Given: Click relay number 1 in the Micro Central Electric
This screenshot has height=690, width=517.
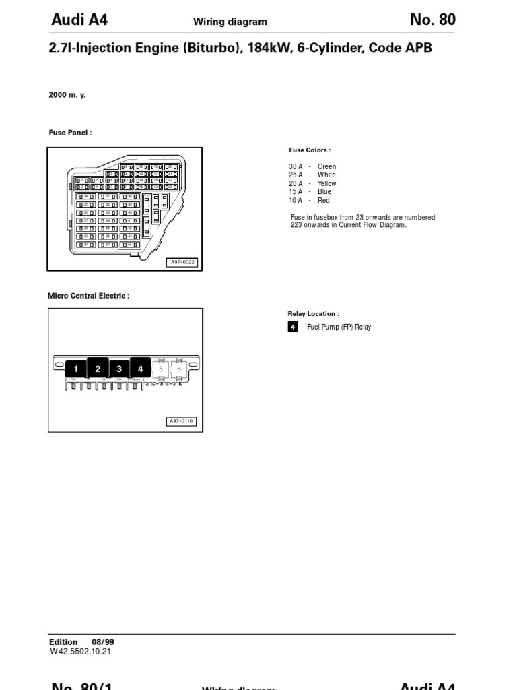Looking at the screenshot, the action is [x=76, y=368].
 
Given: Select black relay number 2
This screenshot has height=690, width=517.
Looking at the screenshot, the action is [x=98, y=368].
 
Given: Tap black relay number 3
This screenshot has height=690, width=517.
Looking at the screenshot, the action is [x=119, y=369].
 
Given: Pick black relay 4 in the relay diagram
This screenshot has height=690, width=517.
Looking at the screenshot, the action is [x=141, y=368].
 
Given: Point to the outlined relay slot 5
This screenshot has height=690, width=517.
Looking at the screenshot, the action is [x=161, y=369].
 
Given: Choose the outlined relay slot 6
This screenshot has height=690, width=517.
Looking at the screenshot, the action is [x=179, y=369].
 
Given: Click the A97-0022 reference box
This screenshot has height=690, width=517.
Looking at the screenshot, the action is [x=182, y=262].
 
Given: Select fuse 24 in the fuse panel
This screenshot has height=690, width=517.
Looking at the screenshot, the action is [x=85, y=196].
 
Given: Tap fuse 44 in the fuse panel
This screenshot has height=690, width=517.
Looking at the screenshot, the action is [x=130, y=245].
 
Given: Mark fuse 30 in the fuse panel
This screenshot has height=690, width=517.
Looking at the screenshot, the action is [x=85, y=245].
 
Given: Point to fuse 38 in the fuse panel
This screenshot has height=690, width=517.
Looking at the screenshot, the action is [x=130, y=196].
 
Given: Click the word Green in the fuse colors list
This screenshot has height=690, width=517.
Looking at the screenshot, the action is [x=326, y=166].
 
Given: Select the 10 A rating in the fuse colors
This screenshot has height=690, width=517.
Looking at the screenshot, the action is [x=296, y=200].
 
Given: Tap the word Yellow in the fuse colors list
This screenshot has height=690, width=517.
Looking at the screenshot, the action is [x=326, y=183].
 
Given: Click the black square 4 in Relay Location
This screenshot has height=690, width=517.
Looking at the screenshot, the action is [x=293, y=327].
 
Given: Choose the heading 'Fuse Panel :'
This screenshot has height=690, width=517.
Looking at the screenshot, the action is [x=70, y=133].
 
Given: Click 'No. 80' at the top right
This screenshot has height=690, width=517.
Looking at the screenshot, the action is [x=432, y=20].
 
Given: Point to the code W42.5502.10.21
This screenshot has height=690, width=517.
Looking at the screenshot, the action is [x=80, y=651].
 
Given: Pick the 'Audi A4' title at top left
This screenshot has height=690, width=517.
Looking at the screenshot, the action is [x=79, y=20].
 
